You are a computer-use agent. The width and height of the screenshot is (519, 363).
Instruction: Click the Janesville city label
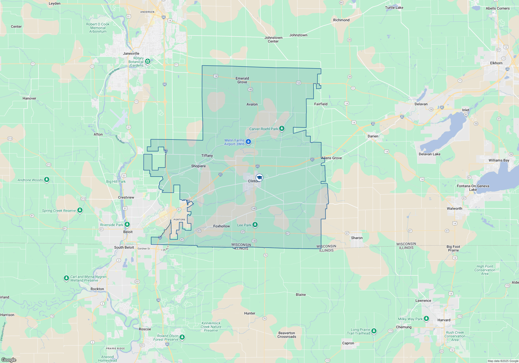coord(131,53)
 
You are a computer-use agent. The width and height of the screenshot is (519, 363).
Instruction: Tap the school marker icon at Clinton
coord(259,177)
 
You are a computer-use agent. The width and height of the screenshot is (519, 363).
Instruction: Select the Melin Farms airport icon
coord(248,142)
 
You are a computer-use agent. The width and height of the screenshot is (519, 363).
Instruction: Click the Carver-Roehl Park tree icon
coord(282,128)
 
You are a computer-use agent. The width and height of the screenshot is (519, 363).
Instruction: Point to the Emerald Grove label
coord(242,80)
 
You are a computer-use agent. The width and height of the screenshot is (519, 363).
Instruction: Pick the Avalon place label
coord(252,104)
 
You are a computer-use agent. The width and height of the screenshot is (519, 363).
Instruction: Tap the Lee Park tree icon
coord(255,225)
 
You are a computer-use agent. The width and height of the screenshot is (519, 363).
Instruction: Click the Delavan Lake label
coord(429,154)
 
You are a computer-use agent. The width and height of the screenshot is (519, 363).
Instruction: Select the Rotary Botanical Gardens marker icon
coord(148,61)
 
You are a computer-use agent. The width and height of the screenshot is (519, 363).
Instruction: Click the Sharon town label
coord(357,238)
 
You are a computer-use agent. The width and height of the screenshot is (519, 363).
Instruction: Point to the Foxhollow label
coord(221,226)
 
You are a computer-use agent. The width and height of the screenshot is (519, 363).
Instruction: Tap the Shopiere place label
coord(198,166)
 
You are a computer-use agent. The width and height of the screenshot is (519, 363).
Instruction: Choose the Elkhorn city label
coord(496,63)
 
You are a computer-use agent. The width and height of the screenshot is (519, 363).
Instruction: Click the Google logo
coord(9,360)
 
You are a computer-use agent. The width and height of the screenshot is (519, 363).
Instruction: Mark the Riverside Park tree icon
coord(127,224)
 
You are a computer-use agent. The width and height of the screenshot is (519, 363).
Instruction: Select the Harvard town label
coord(444,320)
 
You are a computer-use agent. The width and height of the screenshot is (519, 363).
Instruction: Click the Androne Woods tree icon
coord(47,179)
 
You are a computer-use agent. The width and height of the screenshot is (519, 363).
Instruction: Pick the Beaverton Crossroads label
coord(286,335)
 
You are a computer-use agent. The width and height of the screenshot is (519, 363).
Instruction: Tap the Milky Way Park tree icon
coord(426,318)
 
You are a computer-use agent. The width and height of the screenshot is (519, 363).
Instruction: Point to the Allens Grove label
coord(331,158)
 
